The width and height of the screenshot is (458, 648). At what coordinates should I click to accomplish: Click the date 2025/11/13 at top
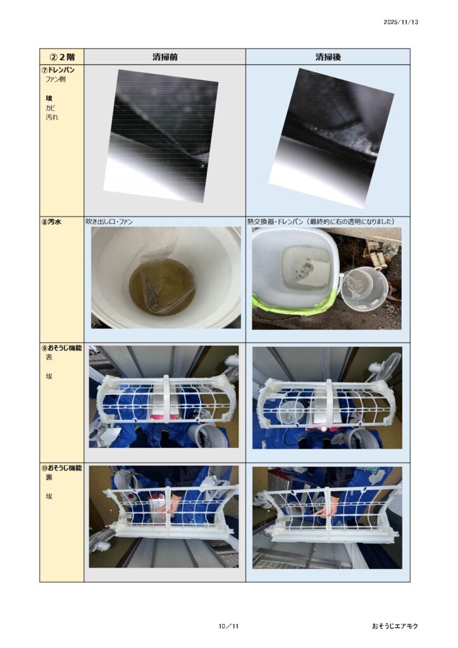point(400,22)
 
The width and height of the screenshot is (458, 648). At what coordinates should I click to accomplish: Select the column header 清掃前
point(164,57)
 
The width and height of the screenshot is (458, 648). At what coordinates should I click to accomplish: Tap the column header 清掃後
point(328,57)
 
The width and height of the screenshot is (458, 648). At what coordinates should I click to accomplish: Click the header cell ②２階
point(62,57)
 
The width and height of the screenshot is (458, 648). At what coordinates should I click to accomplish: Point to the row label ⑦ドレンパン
point(60,70)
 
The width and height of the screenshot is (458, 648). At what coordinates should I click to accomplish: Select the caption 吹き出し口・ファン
point(109,222)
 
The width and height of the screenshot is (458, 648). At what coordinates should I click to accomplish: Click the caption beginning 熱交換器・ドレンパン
point(321,222)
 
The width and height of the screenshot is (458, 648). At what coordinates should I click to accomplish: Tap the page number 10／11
point(229,626)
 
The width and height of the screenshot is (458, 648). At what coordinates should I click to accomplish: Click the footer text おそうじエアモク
point(395,626)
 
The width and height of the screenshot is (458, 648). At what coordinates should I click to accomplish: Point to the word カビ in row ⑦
point(51,108)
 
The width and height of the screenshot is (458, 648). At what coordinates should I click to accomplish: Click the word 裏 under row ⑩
point(49,477)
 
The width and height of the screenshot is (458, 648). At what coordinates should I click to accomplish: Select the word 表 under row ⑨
point(49,358)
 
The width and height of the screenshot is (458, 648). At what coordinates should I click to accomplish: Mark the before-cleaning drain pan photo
point(161,136)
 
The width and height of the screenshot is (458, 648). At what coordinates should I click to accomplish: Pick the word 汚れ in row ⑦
point(52,117)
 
